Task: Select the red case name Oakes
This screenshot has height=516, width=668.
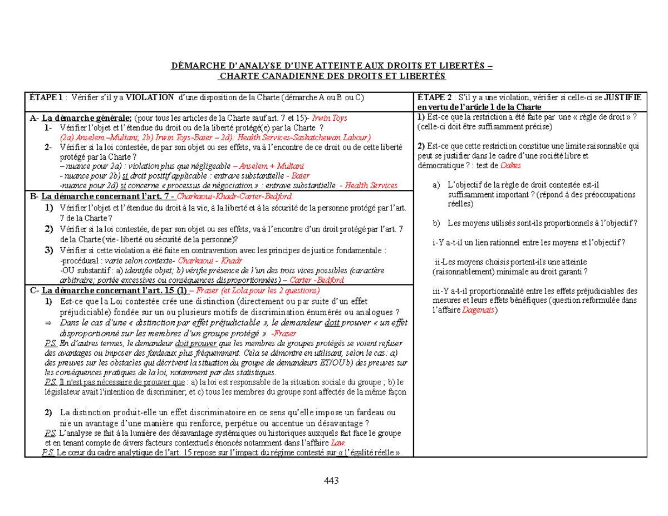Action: point(512,166)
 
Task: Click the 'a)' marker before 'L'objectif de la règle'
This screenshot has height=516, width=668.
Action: point(435,185)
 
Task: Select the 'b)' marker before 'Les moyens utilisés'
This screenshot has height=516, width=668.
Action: point(435,223)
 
